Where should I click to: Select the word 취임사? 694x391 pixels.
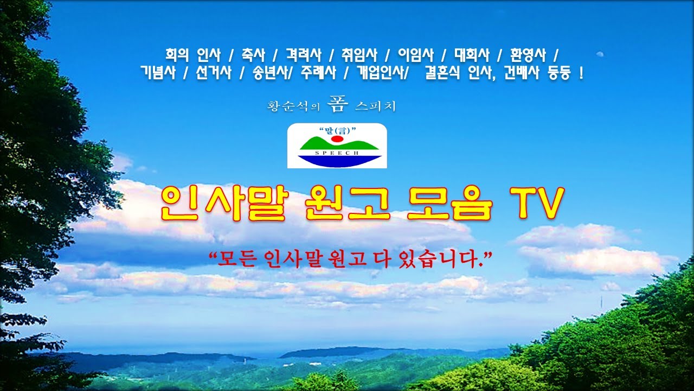[x=359, y=55]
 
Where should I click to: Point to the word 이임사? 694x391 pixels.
[x=415, y=55]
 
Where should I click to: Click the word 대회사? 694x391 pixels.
[x=471, y=55]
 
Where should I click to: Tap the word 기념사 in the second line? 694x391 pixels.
[x=158, y=73]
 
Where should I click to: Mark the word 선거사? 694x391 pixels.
[x=214, y=73]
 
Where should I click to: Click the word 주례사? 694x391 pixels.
[x=318, y=73]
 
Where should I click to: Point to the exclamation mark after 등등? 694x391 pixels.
[x=581, y=73]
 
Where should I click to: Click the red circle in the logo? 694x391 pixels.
[x=337, y=139]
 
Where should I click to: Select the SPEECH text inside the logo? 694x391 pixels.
[x=337, y=153]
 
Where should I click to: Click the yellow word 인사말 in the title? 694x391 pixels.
[x=222, y=204]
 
